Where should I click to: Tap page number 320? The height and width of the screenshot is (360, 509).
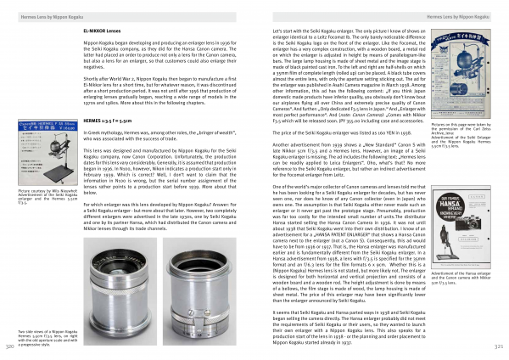[9, 347]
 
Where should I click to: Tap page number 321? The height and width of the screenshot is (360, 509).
[500, 347]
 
